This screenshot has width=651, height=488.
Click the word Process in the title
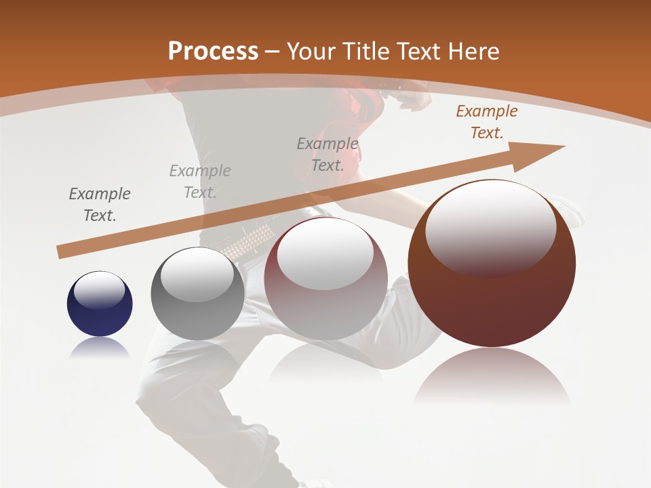[x=213, y=51]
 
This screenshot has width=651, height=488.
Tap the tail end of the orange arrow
[x=62, y=252]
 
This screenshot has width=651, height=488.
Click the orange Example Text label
[x=486, y=122]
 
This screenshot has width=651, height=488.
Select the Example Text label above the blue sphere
[x=100, y=205]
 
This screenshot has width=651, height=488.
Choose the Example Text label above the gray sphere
[x=200, y=182]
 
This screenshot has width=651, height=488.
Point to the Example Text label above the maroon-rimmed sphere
[x=328, y=154]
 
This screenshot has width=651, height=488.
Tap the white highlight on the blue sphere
[x=100, y=290]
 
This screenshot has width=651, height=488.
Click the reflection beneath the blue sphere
[x=100, y=348]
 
